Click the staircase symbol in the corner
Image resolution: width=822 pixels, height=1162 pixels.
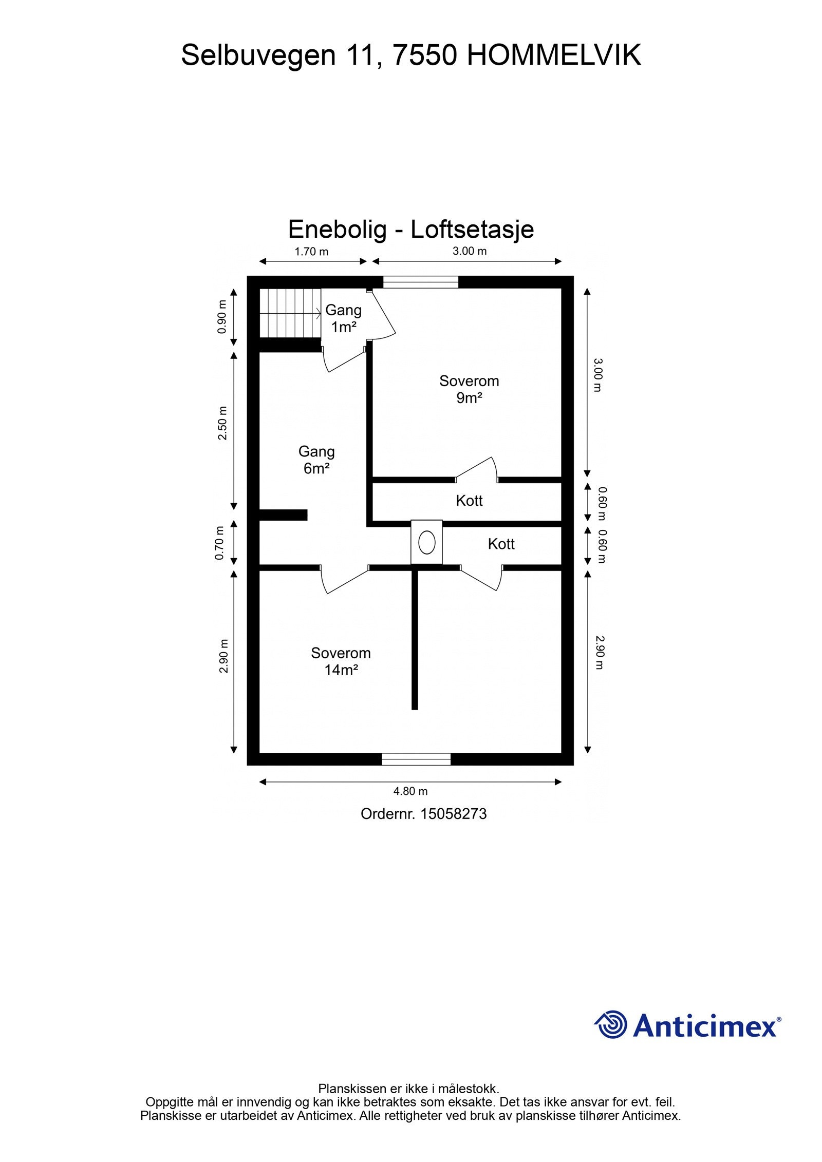pos(290,313)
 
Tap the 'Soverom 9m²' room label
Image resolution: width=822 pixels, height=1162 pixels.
pos(469,389)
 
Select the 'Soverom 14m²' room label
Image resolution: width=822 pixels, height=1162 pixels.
pos(341,661)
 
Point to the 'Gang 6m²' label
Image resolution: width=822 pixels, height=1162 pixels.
pos(316,460)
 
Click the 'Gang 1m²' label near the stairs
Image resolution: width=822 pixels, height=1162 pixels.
pos(343,318)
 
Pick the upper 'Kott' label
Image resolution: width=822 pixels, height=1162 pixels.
pos(469,501)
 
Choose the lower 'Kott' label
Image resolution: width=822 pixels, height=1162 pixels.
pos(501,544)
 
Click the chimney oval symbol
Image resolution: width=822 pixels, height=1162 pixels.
pos(426,542)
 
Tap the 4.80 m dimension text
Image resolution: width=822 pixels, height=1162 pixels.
pos(410,791)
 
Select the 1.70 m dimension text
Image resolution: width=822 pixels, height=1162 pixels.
pos(311,252)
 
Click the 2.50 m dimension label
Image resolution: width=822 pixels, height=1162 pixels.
pos(222,423)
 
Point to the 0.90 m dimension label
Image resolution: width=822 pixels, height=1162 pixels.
pos(222,317)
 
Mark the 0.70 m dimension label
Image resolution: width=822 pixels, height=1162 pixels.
pos(220,543)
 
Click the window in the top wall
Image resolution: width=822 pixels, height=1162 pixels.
pos(421,282)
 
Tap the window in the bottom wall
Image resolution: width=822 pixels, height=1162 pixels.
pos(416,759)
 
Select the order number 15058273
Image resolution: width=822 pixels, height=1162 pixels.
pos(453,814)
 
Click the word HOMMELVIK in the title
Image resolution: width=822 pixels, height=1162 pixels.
pos(554,55)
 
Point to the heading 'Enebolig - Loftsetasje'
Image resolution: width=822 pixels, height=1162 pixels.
pos(411,229)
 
